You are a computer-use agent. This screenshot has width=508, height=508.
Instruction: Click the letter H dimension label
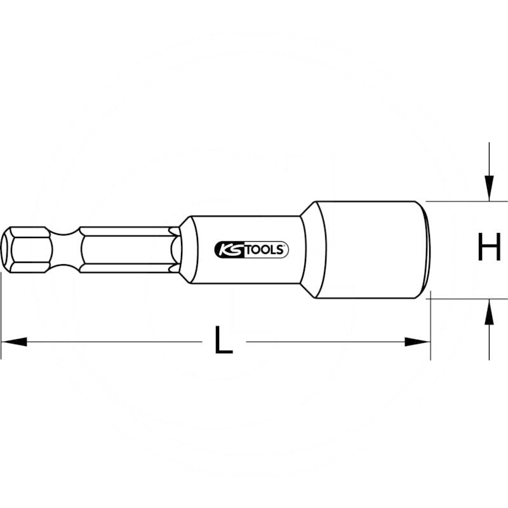(489, 248)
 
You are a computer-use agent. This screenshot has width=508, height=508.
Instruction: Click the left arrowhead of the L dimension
(13, 342)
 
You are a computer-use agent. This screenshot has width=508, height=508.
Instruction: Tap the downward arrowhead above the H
(488, 188)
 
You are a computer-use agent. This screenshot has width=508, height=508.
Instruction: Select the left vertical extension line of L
(1, 311)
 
